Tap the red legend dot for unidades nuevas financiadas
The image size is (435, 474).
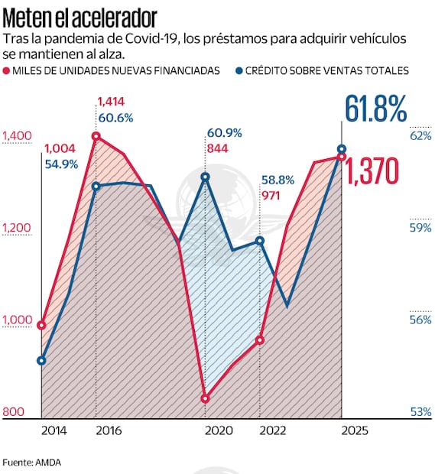(8, 70)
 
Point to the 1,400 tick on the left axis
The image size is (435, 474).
(17, 136)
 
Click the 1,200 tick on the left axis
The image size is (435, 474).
(17, 228)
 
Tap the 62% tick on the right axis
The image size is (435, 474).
(420, 136)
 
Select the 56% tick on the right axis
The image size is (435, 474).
(420, 320)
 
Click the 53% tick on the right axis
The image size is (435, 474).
(420, 412)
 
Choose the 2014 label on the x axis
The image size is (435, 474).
(54, 430)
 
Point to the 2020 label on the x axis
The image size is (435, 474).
(219, 430)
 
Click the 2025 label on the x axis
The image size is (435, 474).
(354, 430)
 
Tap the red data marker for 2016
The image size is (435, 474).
(96, 136)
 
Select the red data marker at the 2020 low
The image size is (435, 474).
(205, 398)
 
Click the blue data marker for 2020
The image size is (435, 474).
(205, 177)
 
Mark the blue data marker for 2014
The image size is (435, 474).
(42, 361)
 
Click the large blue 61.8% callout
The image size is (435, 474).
(375, 109)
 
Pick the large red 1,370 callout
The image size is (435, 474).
(372, 173)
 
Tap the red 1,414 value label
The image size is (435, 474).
(110, 101)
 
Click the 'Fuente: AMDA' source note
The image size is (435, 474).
(31, 462)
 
